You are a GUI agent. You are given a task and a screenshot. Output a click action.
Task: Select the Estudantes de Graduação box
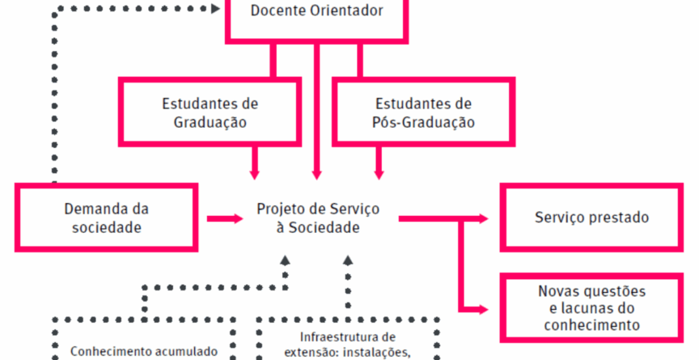click(210, 112)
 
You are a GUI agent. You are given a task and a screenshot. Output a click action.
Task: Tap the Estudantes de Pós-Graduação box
click(424, 112)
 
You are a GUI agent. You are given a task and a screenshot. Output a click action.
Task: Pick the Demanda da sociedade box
click(107, 217)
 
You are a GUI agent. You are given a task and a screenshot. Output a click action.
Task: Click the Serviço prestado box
click(591, 217)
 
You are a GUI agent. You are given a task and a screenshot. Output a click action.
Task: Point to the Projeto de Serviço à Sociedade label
click(317, 218)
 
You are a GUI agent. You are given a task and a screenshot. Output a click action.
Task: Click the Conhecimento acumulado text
click(144, 351)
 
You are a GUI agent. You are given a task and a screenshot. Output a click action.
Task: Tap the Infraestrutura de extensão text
click(347, 344)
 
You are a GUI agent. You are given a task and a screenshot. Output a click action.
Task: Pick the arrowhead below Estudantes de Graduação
click(256, 172)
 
